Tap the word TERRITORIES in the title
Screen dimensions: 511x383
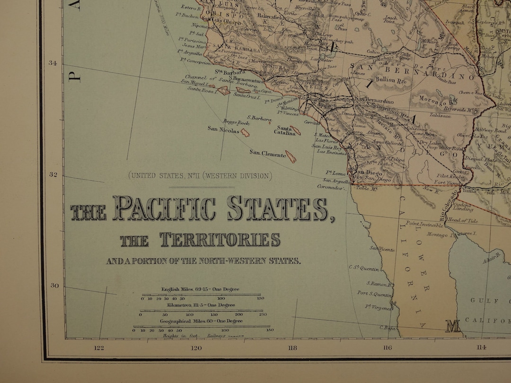click(x=220, y=239)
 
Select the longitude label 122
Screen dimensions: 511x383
click(x=98, y=348)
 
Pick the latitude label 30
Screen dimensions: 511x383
click(x=54, y=285)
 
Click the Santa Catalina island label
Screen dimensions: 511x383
click(x=287, y=131)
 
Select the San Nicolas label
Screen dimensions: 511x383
click(x=223, y=129)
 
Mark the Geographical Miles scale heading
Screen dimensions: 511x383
click(x=202, y=321)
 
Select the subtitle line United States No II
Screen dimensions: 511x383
click(x=200, y=176)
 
